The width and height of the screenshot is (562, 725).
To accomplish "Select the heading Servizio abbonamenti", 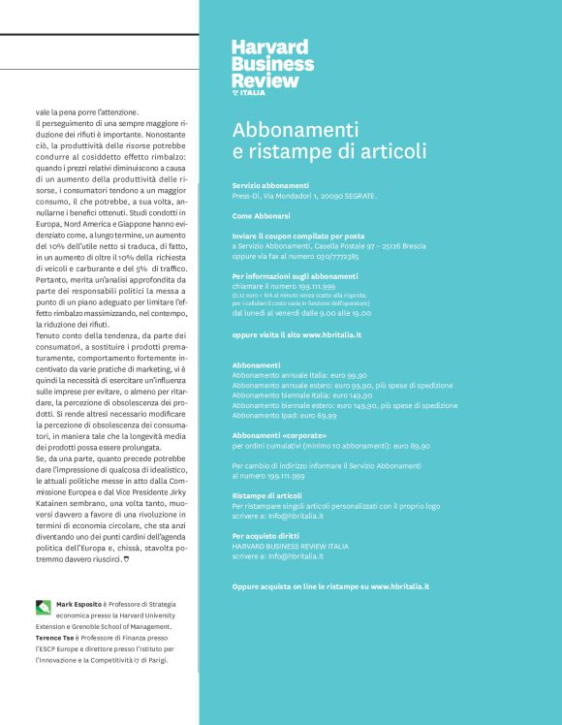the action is click(271, 185).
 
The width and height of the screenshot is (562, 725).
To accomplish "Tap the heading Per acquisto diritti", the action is click(265, 535).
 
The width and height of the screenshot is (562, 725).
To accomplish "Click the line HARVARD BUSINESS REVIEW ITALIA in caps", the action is click(291, 546).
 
